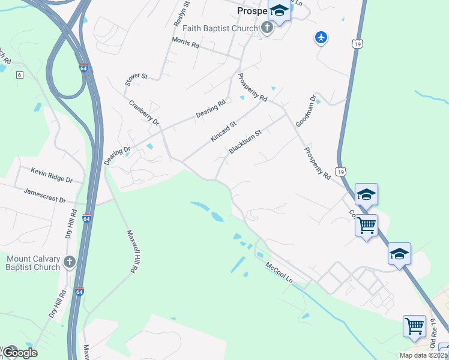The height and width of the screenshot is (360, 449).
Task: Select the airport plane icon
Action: [321, 38]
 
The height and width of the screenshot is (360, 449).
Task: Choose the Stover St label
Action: [136, 79]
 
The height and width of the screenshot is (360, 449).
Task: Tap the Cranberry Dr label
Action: [144, 112]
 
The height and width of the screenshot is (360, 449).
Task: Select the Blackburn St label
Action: [246, 142]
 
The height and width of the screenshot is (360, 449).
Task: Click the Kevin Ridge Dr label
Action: [52, 175]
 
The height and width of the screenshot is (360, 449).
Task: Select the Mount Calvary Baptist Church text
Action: [34, 263]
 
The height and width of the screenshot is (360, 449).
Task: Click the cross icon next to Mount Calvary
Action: [70, 262]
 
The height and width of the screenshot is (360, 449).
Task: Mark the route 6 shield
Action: [20, 74]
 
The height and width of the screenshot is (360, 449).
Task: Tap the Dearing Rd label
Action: [211, 108]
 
